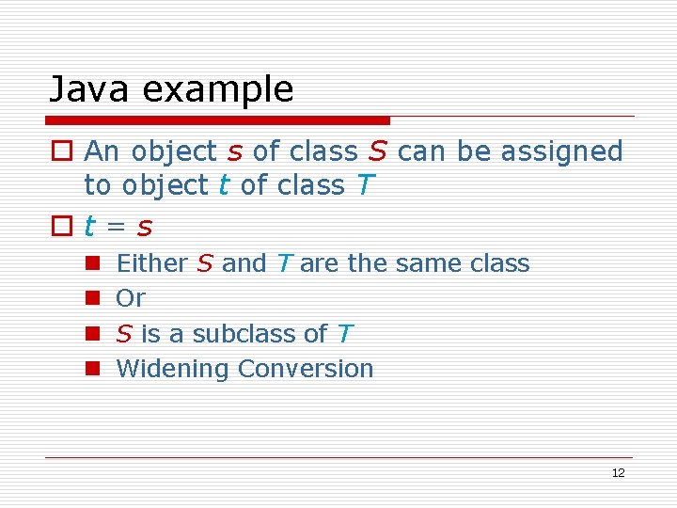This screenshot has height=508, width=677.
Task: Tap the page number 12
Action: (x=618, y=473)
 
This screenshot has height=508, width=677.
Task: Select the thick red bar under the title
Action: (x=219, y=120)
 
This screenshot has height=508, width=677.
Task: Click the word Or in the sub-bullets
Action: (x=130, y=298)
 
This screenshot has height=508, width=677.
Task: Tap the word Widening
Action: (x=173, y=369)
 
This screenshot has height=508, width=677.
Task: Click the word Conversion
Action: (x=305, y=369)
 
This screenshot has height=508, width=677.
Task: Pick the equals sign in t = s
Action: (x=118, y=227)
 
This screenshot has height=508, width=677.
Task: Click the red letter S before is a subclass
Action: (x=123, y=333)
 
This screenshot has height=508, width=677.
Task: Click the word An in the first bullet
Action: (x=103, y=151)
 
